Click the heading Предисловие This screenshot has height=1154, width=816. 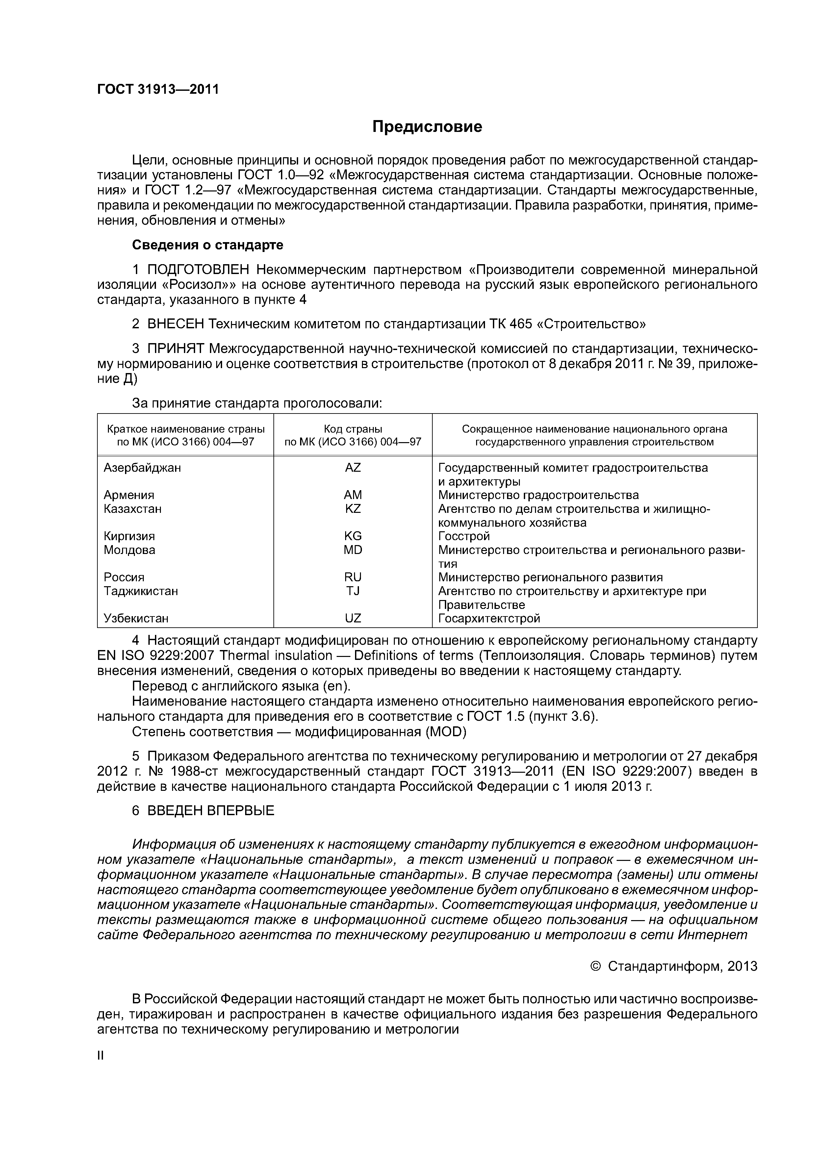pyautogui.click(x=427, y=127)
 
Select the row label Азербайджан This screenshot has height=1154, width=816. pyautogui.click(x=142, y=467)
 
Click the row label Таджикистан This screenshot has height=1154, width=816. pyautogui.click(x=141, y=591)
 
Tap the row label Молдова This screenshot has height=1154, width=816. pyautogui.click(x=129, y=550)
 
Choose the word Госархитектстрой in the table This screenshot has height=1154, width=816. pyautogui.click(x=489, y=618)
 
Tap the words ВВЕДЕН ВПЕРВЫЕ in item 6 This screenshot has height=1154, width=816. pyautogui.click(x=211, y=811)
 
